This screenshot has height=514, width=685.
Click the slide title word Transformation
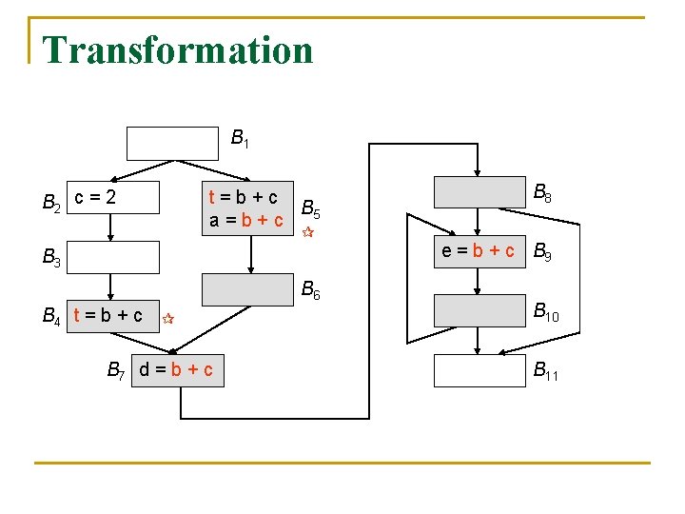(x=178, y=49)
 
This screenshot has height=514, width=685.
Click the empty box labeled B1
(x=172, y=142)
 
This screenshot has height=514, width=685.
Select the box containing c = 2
(x=111, y=197)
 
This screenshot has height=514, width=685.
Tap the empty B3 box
(x=113, y=257)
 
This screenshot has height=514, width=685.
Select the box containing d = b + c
(x=177, y=369)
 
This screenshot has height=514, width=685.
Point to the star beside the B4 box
(x=166, y=319)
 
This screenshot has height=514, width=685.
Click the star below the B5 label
(x=306, y=232)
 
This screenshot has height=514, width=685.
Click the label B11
(x=546, y=371)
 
